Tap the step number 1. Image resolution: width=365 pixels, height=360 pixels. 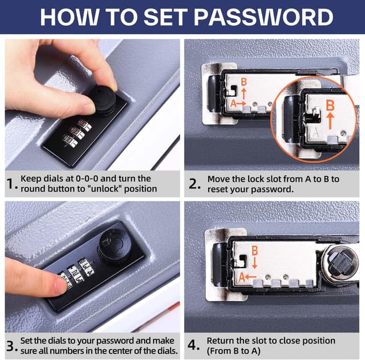coord(11,184)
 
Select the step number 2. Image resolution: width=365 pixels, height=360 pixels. coord(194,184)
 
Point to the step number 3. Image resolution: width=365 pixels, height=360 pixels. coord(11,346)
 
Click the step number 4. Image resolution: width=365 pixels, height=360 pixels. coord(194,346)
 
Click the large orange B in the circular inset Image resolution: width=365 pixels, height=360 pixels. coord(330,106)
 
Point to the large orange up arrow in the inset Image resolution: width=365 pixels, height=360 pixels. coord(330,122)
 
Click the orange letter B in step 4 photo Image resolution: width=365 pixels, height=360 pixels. coord(254,250)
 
